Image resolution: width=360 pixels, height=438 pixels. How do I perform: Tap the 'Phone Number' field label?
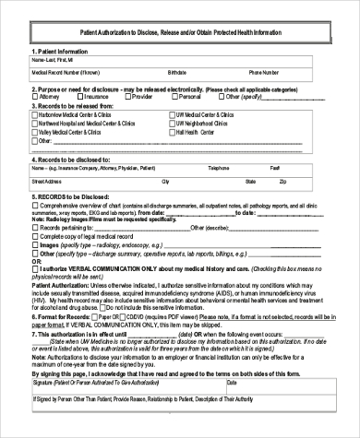click(264, 70)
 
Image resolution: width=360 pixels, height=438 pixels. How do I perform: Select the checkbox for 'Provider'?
click(129, 94)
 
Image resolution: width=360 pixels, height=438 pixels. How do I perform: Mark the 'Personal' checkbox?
click(176, 94)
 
